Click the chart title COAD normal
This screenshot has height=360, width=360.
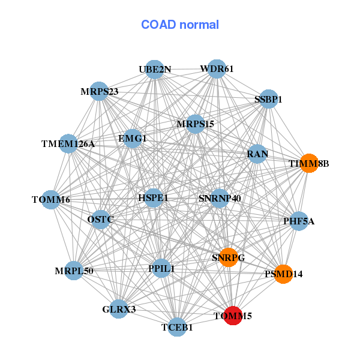180,25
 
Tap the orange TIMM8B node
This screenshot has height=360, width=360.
308,163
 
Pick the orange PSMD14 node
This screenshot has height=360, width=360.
283,274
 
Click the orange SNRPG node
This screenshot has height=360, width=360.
229,257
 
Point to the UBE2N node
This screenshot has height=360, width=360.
155,69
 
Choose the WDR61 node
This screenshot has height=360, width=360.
217,69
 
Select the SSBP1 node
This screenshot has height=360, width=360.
268,99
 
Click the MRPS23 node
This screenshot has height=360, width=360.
99,91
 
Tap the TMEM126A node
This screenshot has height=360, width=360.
68,143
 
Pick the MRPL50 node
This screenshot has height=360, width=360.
74,271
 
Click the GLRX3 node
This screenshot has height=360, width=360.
119,309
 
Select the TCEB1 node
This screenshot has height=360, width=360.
177,327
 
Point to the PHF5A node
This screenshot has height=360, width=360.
299,221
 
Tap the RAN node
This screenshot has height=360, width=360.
257,154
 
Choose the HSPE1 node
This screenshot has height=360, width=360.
154,197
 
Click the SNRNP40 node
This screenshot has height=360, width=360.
220,198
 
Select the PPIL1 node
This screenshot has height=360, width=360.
161,268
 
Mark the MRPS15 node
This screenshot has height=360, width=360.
195,124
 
